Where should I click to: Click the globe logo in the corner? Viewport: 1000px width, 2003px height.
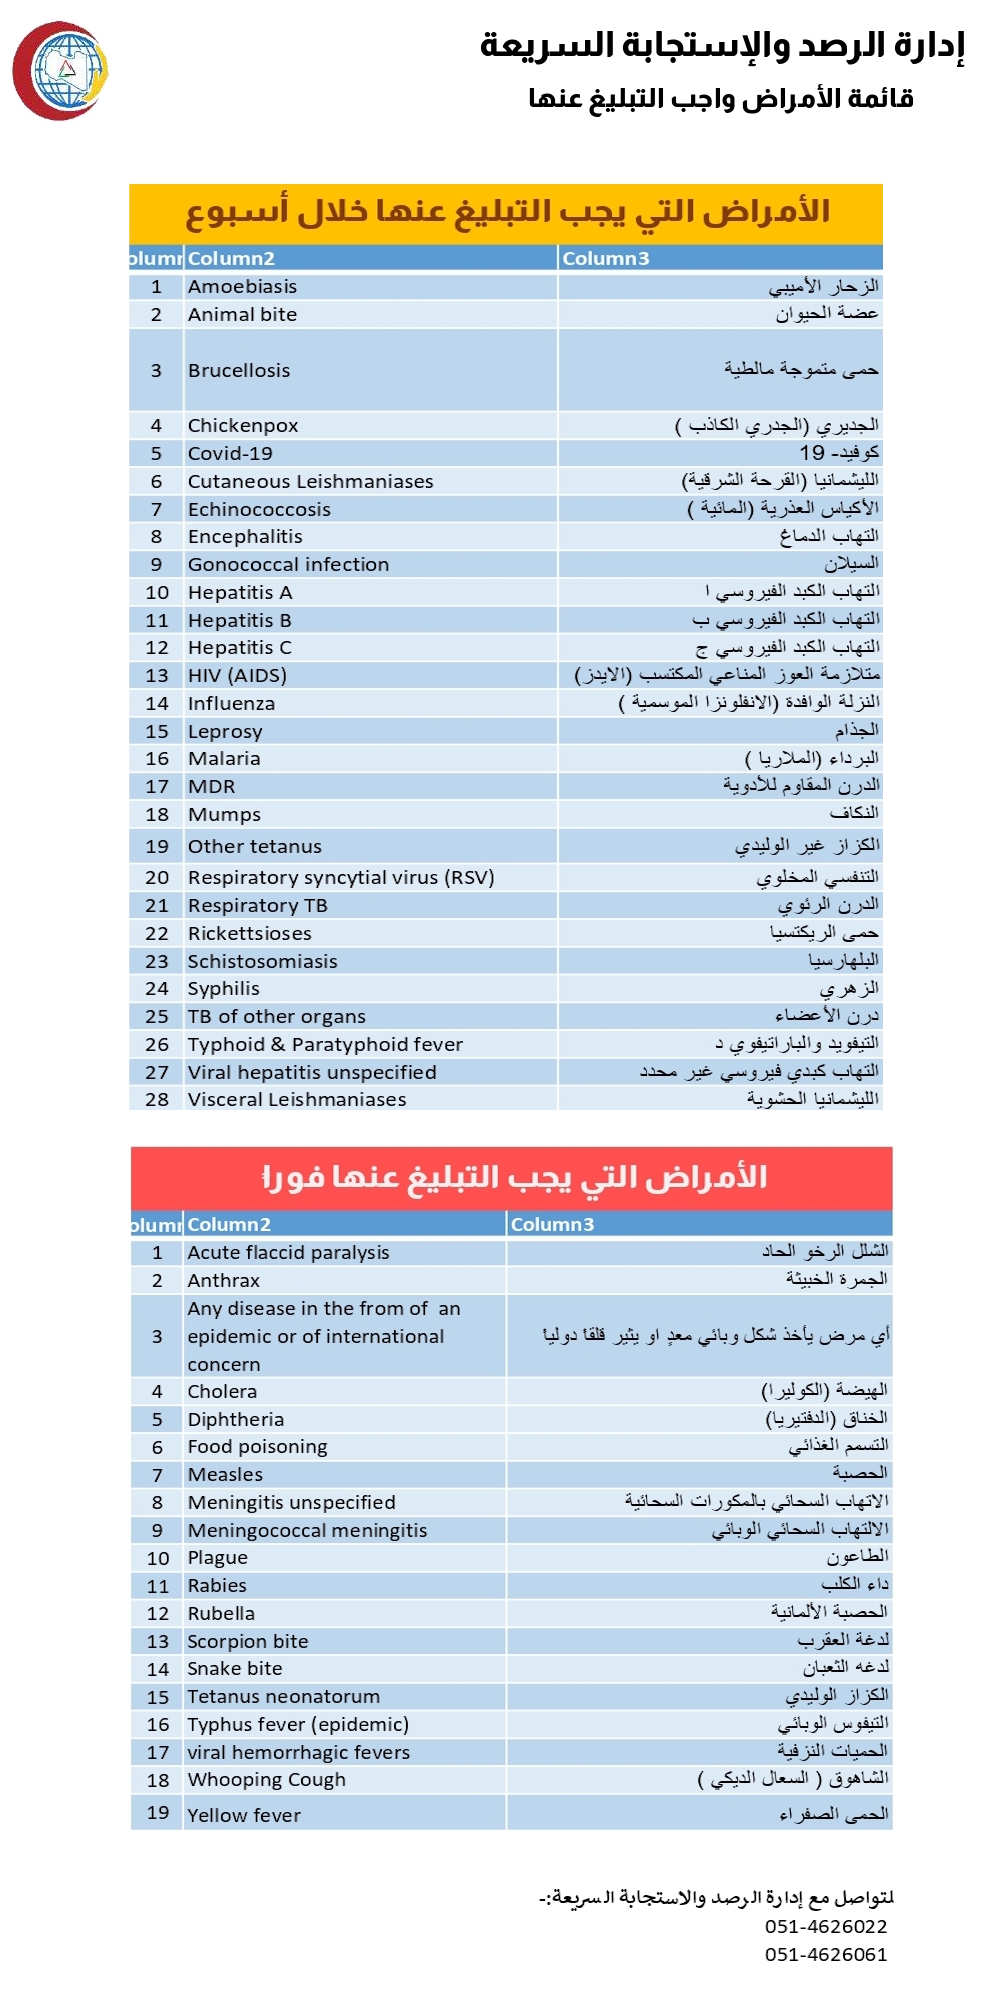60,71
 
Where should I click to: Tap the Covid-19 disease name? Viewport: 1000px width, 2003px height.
230,453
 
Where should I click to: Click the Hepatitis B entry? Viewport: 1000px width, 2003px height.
240,620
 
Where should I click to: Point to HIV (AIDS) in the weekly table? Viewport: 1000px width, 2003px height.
237,675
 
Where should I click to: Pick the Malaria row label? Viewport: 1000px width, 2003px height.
224,758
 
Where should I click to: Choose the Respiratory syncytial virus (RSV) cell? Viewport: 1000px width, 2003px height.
341,877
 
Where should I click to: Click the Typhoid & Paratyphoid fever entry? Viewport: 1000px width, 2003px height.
325,1044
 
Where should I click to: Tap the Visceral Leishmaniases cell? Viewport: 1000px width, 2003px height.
297,1099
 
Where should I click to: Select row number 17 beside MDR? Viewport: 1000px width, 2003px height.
157,786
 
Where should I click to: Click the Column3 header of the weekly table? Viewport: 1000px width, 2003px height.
606,258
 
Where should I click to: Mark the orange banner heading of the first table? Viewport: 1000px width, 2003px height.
506,212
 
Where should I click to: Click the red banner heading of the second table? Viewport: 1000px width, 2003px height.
512,1177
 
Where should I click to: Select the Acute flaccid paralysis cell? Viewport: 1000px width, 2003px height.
288,1252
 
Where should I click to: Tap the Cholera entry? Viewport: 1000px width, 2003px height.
222,1391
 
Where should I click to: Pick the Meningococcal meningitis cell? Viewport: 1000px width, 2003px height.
307,1530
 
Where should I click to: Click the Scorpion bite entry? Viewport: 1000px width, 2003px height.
248,1641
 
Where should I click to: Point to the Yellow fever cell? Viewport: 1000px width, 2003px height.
244,1815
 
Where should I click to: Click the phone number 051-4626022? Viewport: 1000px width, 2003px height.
826,1926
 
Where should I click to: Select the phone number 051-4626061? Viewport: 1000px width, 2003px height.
826,1954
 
